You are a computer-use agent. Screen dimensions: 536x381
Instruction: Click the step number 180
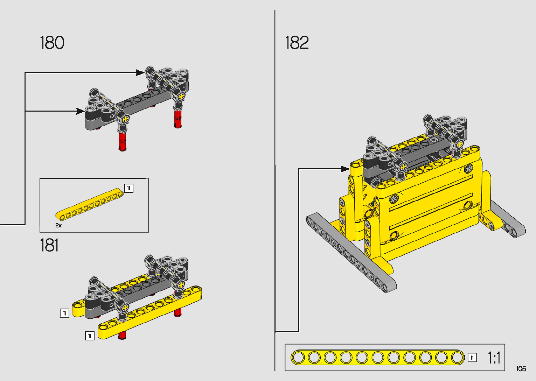(x=52, y=43)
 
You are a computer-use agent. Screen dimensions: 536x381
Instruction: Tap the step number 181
(x=49, y=245)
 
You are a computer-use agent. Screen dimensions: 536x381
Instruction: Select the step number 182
(x=297, y=43)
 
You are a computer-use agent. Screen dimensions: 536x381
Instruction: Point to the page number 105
(x=521, y=368)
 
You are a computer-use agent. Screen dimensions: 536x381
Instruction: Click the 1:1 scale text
(x=494, y=358)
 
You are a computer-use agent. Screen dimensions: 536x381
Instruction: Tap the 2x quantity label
(x=58, y=225)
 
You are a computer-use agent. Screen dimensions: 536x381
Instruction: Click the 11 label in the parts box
(x=129, y=188)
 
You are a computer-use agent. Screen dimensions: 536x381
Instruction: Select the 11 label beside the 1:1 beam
(x=472, y=358)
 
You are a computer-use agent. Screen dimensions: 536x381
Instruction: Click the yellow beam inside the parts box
(x=90, y=204)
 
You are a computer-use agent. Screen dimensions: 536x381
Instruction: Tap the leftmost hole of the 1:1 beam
(x=298, y=358)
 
